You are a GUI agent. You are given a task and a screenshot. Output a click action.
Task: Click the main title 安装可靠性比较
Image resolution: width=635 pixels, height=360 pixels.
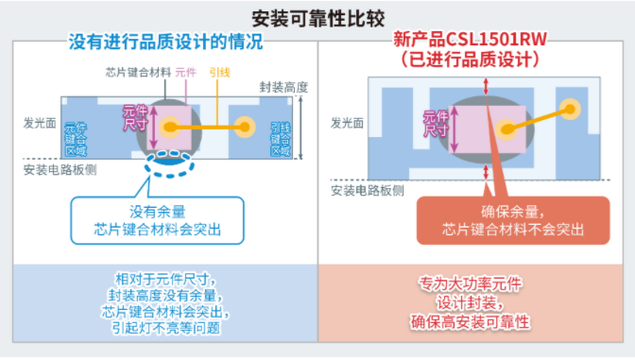pyautogui.click(x=317, y=18)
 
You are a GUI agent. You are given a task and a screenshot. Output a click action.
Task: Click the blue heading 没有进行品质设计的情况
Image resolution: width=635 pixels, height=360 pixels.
pyautogui.click(x=165, y=43)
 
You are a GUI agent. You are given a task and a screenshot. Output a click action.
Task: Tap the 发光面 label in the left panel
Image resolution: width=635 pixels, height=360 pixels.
pyautogui.click(x=40, y=124)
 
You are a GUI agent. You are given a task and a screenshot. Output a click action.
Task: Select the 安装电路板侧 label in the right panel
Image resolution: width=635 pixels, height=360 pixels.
pyautogui.click(x=367, y=190)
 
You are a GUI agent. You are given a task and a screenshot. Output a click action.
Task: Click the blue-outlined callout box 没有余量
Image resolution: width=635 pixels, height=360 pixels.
pyautogui.click(x=157, y=219)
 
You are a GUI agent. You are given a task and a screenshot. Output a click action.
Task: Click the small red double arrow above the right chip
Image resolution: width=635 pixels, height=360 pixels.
pyautogui.click(x=486, y=86)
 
